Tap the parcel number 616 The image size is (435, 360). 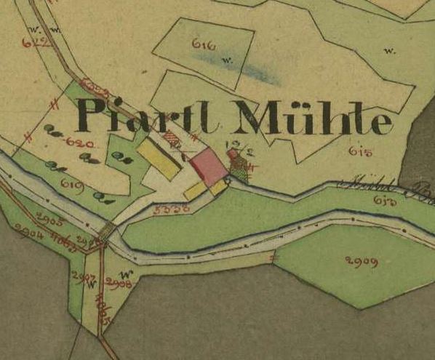pyautogui.click(x=204, y=45)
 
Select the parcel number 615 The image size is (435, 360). pyautogui.click(x=360, y=151)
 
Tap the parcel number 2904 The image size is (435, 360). pyautogui.click(x=29, y=233)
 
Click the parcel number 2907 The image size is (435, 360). pyautogui.click(x=84, y=276)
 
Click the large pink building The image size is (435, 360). pyautogui.click(x=209, y=166)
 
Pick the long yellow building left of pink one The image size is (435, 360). pyautogui.click(x=159, y=158)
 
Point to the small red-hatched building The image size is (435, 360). pyautogui.click(x=171, y=137)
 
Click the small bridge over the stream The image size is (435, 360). pyautogui.click(x=108, y=233)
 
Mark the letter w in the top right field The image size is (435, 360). pyautogui.click(x=390, y=51)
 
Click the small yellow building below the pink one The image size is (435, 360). pyautogui.click(x=194, y=191)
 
